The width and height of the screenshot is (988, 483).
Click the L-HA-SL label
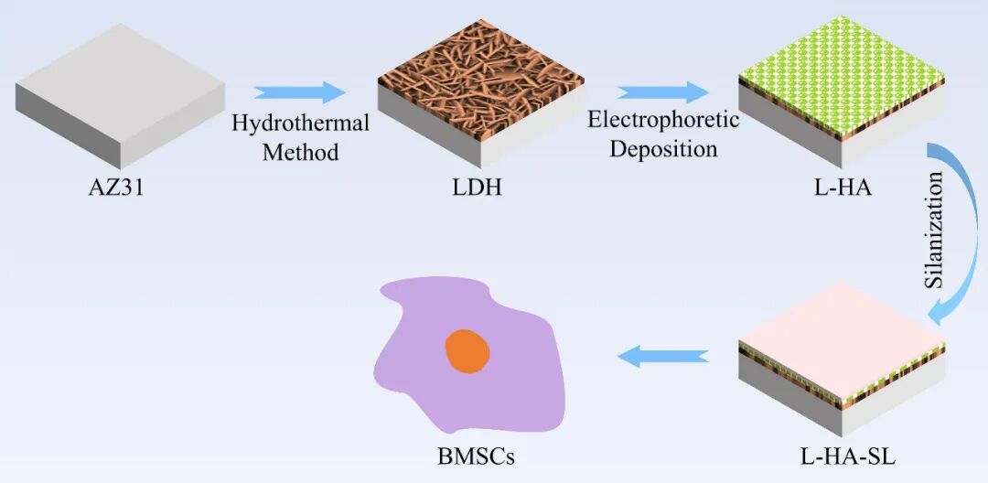(x=840, y=454)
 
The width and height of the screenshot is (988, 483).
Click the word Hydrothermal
(x=300, y=123)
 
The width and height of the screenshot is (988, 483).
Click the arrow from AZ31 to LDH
(x=300, y=92)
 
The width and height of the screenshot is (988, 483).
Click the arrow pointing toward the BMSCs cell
(x=662, y=354)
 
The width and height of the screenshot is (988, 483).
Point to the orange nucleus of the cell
(x=467, y=351)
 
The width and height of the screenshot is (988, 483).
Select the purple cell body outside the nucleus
(x=412, y=366)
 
